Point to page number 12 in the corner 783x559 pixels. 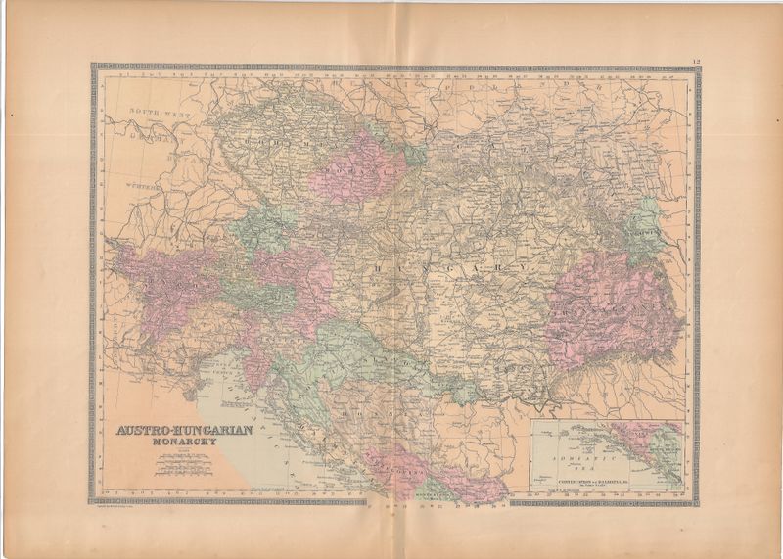(x=694, y=62)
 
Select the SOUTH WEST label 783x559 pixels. (x=159, y=115)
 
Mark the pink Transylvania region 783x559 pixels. (x=607, y=303)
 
